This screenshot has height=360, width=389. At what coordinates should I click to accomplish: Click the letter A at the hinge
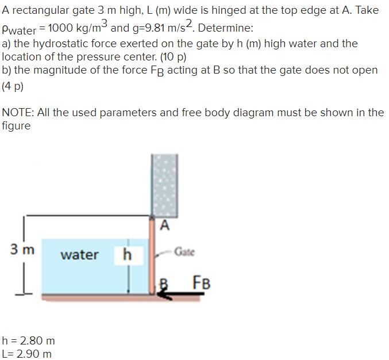pyautogui.click(x=165, y=225)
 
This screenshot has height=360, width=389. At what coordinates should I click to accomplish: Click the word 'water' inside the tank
pyautogui.click(x=79, y=255)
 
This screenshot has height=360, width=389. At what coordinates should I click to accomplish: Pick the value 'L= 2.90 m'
pyautogui.click(x=27, y=354)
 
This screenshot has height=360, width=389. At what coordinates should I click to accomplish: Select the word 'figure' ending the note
pyautogui.click(x=16, y=126)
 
